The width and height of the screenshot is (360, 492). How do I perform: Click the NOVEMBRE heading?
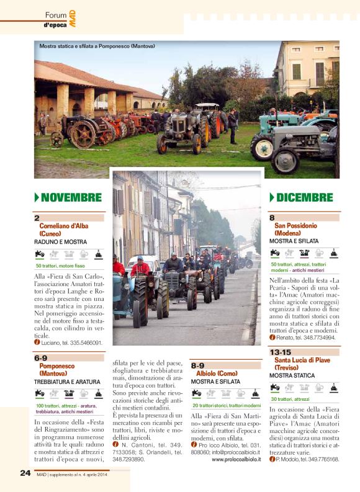click(x=71, y=198)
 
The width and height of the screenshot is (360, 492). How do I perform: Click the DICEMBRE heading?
click(x=304, y=198)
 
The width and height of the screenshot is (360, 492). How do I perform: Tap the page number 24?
click(x=25, y=472)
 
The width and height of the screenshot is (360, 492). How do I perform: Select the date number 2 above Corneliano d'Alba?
click(x=37, y=218)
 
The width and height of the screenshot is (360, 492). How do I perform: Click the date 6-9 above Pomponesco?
click(x=41, y=358)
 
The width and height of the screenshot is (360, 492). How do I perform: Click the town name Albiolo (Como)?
click(x=217, y=373)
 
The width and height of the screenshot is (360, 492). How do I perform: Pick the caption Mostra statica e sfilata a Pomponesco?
click(x=97, y=47)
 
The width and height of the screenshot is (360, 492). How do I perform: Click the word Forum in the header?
click(x=56, y=15)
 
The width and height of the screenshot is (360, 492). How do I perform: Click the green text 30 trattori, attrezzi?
click(x=289, y=399)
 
